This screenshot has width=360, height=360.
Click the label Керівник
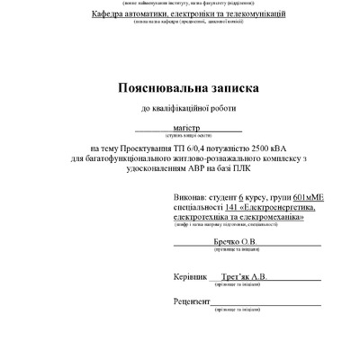point(190,277)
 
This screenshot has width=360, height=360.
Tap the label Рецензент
point(192,303)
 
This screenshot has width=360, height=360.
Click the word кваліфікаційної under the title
point(189,110)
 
